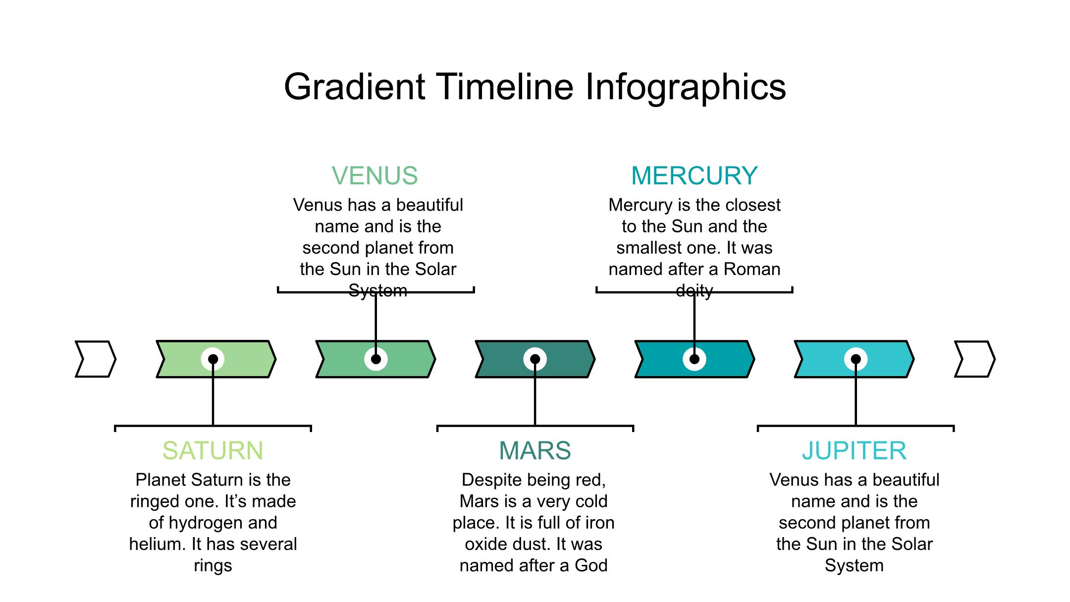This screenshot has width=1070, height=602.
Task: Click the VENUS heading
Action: click(374, 175)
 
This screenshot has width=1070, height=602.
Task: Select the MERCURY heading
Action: click(694, 175)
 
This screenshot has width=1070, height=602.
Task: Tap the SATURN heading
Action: click(213, 450)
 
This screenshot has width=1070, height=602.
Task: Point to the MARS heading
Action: click(535, 450)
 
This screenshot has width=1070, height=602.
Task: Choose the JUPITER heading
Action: click(855, 450)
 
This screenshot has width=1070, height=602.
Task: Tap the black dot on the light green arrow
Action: click(213, 359)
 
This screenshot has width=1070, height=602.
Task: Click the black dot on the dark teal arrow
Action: click(535, 359)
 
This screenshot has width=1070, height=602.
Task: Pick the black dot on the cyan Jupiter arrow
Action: click(856, 359)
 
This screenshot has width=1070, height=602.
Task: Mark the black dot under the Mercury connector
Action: click(695, 359)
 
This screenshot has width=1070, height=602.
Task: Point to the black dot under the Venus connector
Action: click(376, 359)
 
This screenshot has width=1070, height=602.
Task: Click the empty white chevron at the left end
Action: click(96, 359)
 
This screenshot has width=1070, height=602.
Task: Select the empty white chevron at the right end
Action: click(974, 359)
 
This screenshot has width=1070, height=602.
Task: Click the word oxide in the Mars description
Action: click(484, 544)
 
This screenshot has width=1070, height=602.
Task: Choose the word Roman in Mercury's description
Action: click(752, 269)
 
